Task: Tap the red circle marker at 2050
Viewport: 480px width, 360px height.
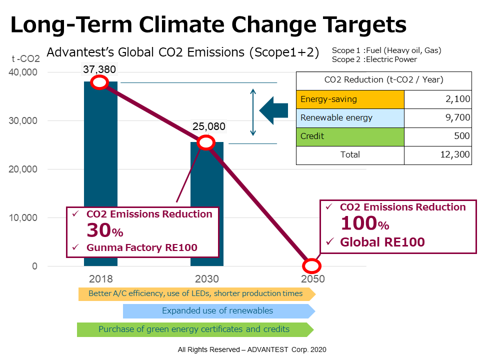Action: [x=311, y=265]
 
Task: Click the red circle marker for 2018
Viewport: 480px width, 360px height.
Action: [x=99, y=82]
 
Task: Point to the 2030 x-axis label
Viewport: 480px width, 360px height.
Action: [x=206, y=279]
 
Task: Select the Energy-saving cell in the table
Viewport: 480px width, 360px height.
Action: [x=350, y=99]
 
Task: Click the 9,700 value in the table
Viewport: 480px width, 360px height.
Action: [x=455, y=117]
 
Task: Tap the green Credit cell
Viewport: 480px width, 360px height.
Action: [x=350, y=136]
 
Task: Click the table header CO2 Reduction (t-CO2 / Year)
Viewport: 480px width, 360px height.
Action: [x=383, y=79]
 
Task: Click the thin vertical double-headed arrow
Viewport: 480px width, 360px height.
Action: [x=253, y=112]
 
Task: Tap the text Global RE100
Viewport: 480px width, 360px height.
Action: [x=382, y=242]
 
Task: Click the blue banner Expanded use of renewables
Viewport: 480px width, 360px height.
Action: [x=218, y=311]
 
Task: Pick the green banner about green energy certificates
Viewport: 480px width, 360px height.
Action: [x=194, y=329]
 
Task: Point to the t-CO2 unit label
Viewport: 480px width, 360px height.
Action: [x=25, y=59]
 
